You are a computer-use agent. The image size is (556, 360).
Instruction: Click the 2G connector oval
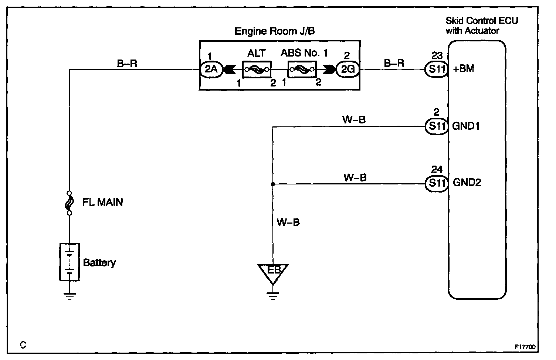[347, 69]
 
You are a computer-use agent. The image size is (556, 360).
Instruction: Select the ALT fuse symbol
[257, 69]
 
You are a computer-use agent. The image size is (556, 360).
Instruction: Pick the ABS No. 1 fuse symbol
[302, 69]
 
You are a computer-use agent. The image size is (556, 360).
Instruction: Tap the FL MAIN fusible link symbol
[69, 203]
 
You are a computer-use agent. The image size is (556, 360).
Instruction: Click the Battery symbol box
[69, 262]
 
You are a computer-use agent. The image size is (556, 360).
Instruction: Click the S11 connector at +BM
[437, 69]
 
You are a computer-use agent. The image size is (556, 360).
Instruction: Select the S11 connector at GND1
[437, 126]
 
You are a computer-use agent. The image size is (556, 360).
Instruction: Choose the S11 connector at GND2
[437, 183]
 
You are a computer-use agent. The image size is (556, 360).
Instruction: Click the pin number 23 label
[437, 56]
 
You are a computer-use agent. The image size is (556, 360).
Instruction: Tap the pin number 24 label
[437, 170]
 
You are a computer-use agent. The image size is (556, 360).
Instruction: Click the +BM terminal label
[463, 69]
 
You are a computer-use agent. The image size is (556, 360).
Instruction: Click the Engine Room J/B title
[275, 31]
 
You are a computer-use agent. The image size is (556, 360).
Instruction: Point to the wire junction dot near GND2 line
[273, 184]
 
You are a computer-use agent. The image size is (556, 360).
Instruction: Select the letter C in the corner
[23, 346]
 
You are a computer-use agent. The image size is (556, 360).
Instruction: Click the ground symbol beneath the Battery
[69, 295]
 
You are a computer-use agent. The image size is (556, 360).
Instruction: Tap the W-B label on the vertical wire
[288, 222]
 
